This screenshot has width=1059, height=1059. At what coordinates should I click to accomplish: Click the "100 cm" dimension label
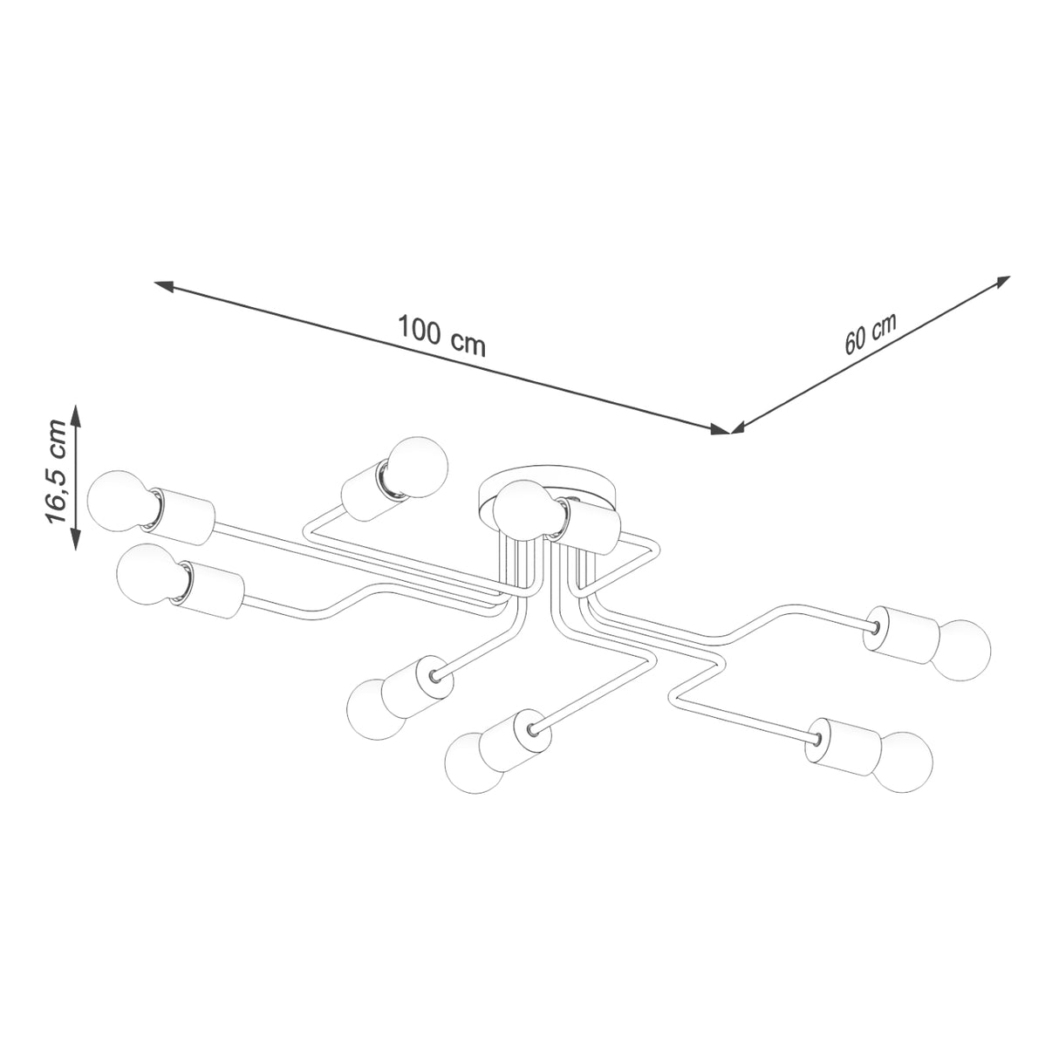(x=442, y=336)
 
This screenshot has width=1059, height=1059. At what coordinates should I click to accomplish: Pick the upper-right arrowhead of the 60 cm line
(x=1002, y=281)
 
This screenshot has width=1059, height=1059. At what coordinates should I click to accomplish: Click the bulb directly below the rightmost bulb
(x=905, y=762)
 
